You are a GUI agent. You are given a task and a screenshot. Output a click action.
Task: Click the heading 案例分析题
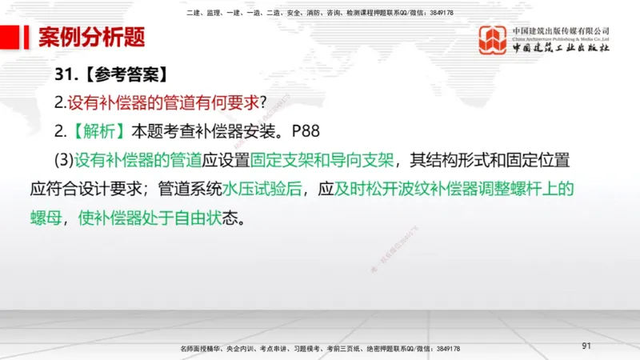tap(91, 37)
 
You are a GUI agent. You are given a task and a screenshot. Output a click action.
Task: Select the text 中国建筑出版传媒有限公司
tap(561, 30)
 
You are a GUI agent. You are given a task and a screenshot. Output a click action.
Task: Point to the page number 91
tap(586, 346)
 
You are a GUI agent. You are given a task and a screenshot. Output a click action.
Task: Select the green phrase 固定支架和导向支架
tap(322, 159)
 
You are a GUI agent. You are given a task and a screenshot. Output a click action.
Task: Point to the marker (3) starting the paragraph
tap(64, 159)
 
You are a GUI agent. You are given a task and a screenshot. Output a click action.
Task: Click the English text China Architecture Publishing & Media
tap(561, 38)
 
